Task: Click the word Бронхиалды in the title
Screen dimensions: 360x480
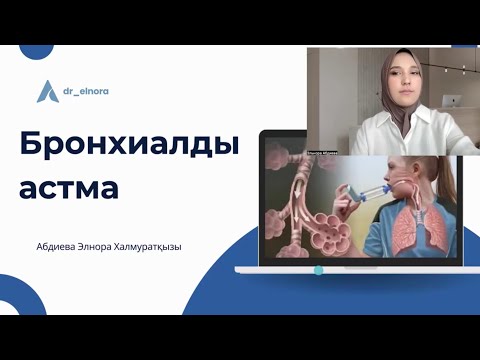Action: pos(129,146)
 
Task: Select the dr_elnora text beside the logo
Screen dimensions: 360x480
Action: pos(81,91)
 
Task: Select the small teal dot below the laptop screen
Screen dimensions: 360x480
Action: pos(318,270)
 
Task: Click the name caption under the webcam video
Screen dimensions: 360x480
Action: pos(326,152)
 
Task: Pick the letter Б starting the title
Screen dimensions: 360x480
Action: pos(31,146)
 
